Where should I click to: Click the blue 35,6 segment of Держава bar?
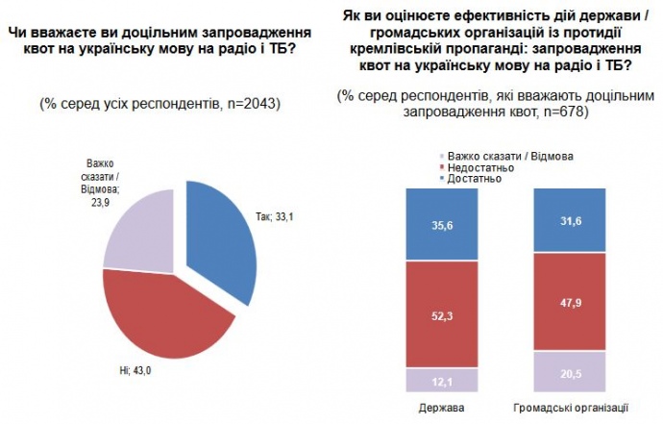(441, 224)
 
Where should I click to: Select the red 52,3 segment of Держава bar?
(441, 314)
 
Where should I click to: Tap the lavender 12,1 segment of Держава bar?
(441, 381)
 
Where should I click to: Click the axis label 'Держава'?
(442, 408)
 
